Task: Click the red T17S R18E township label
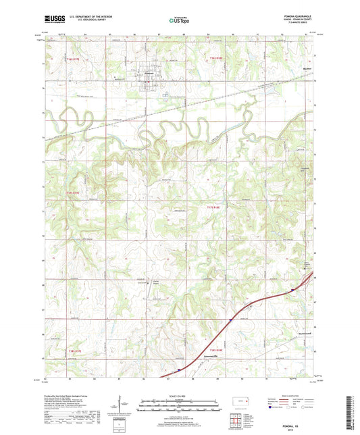pyautogui.click(x=213, y=207)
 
